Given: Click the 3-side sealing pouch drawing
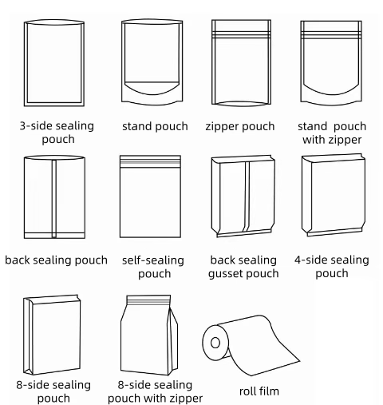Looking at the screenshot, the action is coord(54,63).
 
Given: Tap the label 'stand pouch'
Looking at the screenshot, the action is coord(155,126).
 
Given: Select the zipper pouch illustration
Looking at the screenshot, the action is coord(241,63).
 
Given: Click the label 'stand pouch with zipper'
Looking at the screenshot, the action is coord(332,133).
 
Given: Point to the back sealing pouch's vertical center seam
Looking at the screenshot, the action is coord(54,198).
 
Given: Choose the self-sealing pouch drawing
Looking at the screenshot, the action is coord(150,197).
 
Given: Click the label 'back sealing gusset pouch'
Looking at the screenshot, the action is coord(243,267).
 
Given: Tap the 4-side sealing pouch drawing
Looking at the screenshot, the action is coord(334,195).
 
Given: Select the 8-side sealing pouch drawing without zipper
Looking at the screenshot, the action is coord(52,335).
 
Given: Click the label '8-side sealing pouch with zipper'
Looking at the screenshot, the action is coord(155,391).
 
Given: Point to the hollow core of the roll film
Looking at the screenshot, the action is coord(215,343).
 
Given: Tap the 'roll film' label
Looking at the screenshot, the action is coord(259,391).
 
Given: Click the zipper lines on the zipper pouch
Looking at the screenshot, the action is coord(241,35).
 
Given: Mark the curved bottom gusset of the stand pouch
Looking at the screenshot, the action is coord(152,89).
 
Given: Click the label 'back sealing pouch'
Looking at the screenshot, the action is coord(56,260).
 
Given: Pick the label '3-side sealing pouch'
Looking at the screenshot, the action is coord(57,133).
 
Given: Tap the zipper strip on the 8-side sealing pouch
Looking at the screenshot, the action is coord(148,302).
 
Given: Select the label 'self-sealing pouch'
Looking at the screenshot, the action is coord(153,267).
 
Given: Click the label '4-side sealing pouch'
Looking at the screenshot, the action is coord(332,267).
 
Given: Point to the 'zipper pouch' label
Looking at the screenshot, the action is coord(240,126).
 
